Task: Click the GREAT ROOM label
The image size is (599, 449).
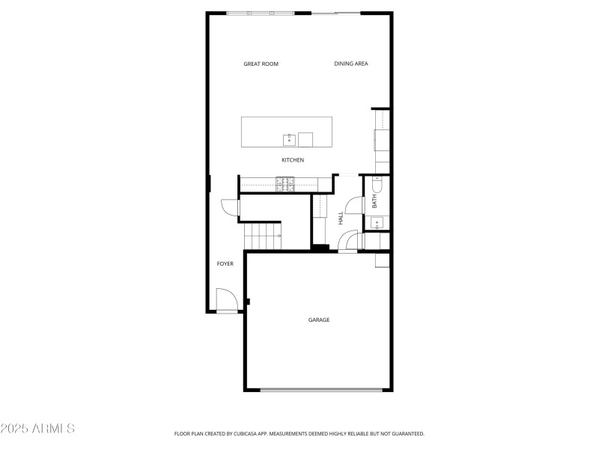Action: point(261,64)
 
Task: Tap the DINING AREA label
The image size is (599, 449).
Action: point(350,64)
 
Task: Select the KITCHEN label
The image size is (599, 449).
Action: point(293,160)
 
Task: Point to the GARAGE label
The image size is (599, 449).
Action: point(319,320)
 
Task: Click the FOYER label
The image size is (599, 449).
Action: point(225,264)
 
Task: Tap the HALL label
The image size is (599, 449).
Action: point(341,218)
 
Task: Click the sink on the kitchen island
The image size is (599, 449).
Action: point(288,139)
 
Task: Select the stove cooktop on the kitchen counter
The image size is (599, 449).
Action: point(285,183)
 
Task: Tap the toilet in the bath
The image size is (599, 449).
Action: point(377,184)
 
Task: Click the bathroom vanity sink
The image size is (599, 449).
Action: point(377,222)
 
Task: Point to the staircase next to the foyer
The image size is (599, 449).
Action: point(263,236)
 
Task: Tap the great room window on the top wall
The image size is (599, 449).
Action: point(261,13)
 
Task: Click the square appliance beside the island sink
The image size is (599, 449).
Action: point(305,139)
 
